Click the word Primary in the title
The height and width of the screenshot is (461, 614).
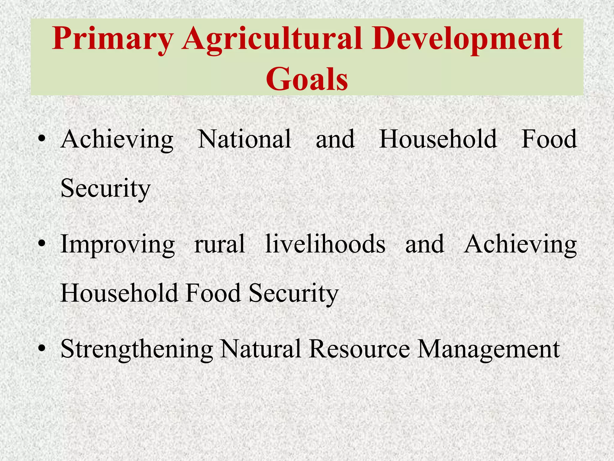(112, 39)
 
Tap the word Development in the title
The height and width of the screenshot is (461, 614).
(467, 39)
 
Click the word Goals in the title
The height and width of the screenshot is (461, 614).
(307, 79)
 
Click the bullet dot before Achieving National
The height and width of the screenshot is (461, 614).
(42, 139)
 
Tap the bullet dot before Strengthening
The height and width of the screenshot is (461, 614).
(42, 348)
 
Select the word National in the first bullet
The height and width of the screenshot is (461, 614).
(244, 139)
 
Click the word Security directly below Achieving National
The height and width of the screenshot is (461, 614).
(105, 188)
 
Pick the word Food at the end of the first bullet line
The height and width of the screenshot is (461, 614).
(549, 139)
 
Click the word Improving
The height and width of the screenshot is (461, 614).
(118, 245)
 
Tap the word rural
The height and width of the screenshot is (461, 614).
(219, 244)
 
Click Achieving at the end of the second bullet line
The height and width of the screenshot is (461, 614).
(520, 245)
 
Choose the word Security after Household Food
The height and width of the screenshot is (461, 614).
(294, 293)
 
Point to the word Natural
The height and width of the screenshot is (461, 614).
(260, 348)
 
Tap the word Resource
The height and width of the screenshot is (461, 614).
(359, 348)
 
